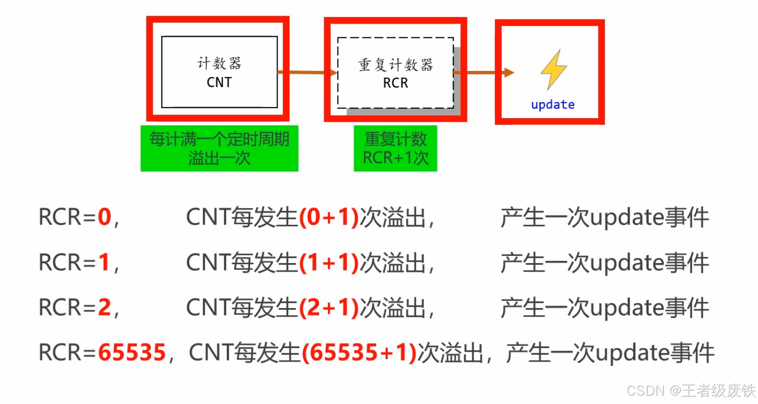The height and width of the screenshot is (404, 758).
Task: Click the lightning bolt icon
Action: tap(553, 69)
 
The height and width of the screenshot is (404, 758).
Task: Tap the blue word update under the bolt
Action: tap(552, 105)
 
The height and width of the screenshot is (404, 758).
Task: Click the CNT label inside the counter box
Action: tap(219, 82)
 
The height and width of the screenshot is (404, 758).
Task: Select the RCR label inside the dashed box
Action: tap(396, 83)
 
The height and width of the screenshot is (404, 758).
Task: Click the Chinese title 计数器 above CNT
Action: tap(220, 64)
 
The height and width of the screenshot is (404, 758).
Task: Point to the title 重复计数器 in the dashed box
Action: tap(396, 65)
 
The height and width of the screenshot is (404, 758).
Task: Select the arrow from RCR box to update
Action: tap(484, 73)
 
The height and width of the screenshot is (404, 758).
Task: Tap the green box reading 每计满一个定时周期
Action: tap(219, 148)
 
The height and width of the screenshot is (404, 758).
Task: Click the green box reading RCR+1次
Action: tap(396, 148)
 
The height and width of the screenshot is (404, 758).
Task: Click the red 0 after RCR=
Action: tap(105, 218)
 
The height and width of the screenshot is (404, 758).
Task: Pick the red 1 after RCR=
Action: tap(105, 263)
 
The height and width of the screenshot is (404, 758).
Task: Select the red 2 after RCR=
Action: tap(105, 308)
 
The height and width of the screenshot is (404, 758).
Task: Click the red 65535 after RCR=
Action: tap(132, 353)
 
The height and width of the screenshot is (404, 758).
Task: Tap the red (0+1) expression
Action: tap(329, 218)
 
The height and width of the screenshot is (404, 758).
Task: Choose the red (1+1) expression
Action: tap(329, 263)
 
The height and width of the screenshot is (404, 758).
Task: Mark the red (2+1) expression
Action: tap(329, 308)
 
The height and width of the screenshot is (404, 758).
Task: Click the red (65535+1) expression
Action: tap(359, 353)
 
